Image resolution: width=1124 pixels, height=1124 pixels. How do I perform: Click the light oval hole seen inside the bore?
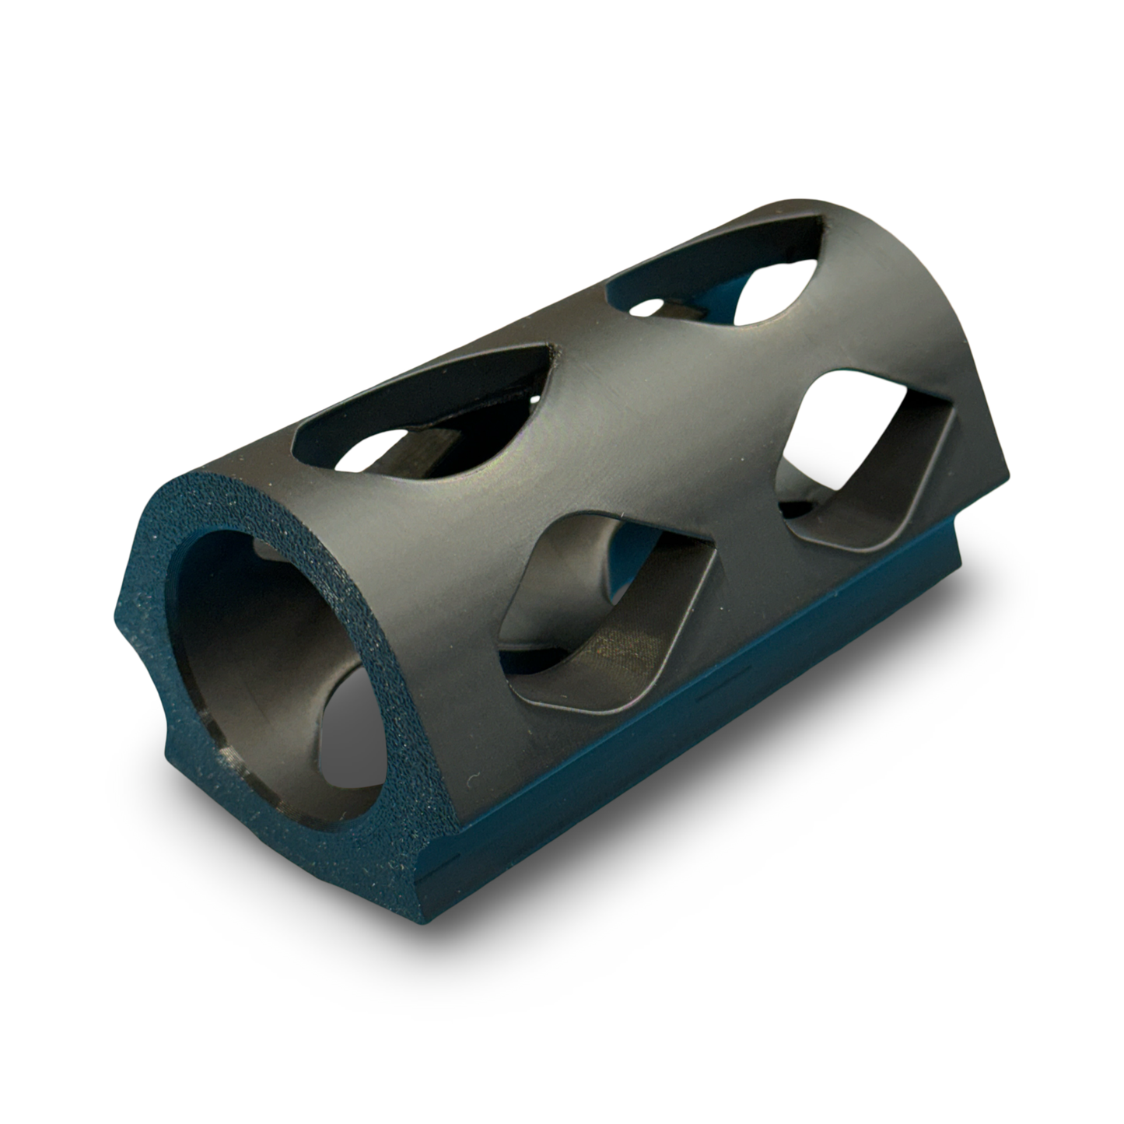(350, 739)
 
